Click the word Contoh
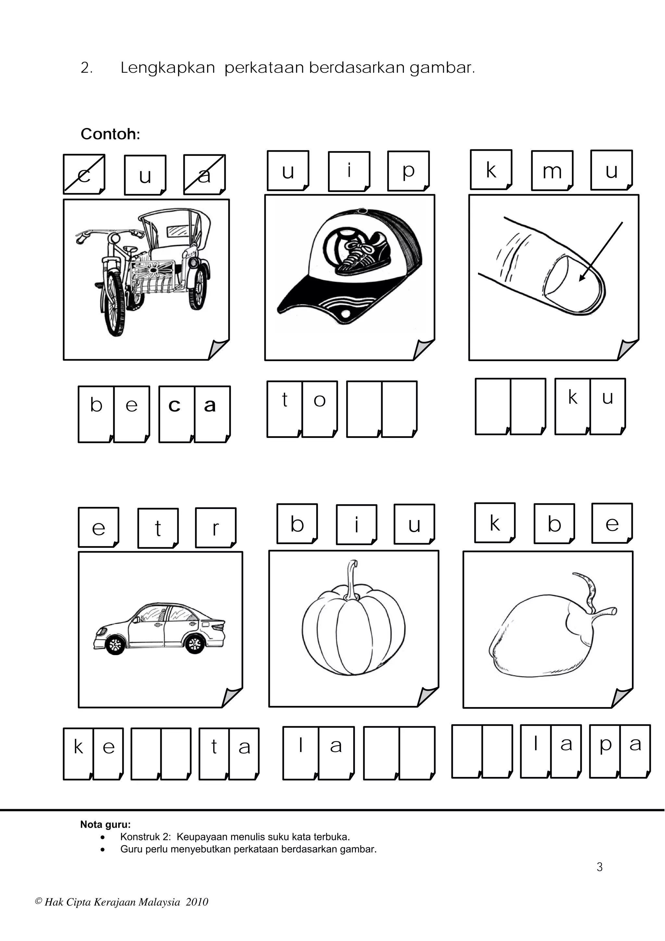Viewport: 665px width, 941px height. tap(110, 134)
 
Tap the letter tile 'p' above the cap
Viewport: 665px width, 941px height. tap(408, 171)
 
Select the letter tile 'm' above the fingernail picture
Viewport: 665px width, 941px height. tap(552, 171)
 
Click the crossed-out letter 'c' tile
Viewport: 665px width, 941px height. tap(84, 174)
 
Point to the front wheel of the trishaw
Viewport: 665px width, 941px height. tap(114, 303)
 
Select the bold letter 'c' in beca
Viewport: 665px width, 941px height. tap(175, 405)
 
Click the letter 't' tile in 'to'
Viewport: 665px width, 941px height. tap(285, 409)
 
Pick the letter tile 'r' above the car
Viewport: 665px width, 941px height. tap(216, 528)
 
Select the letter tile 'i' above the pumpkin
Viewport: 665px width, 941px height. tap(357, 524)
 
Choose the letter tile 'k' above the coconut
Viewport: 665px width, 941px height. tap(495, 523)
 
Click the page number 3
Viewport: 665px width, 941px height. tap(599, 867)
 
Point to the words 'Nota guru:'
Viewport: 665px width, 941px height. tap(105, 824)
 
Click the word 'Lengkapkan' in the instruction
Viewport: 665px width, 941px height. tap(168, 68)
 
